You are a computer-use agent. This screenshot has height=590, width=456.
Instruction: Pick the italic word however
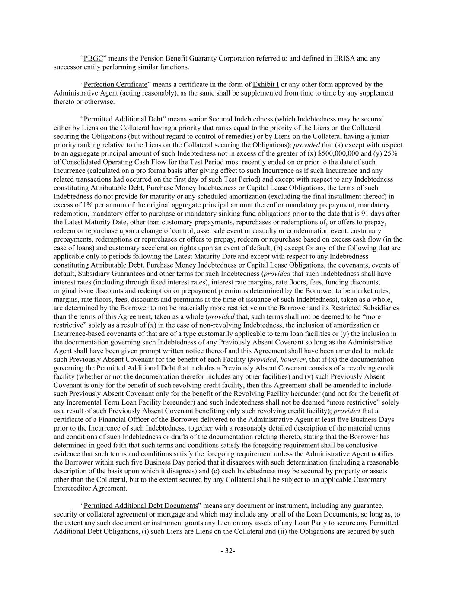click(292, 359)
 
